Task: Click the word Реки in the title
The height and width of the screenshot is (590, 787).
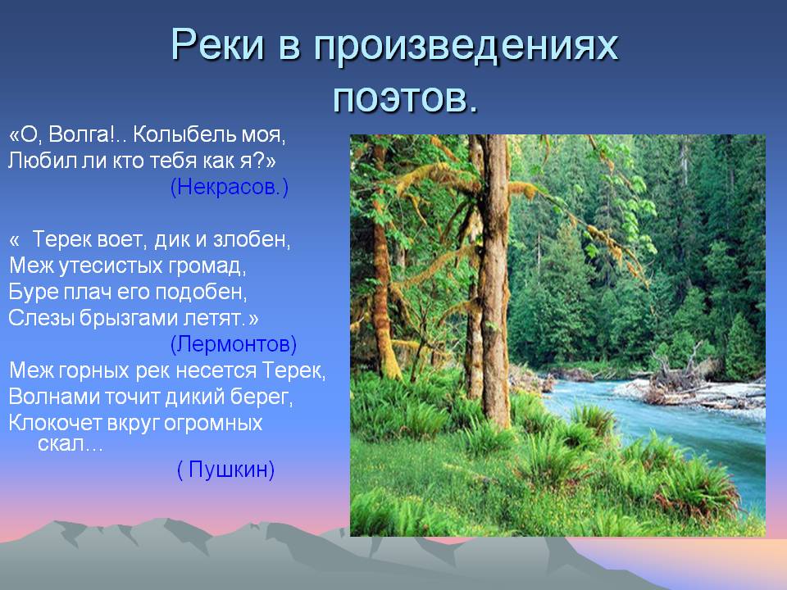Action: [217, 45]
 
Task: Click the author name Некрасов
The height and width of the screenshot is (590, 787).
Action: [230, 187]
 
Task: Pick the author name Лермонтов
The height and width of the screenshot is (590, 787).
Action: [234, 344]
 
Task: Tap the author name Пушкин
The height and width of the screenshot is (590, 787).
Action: [226, 470]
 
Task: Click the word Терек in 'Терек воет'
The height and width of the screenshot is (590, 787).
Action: [62, 239]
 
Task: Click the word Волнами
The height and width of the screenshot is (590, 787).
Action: [55, 397]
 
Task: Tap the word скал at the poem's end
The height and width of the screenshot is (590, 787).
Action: [60, 444]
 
